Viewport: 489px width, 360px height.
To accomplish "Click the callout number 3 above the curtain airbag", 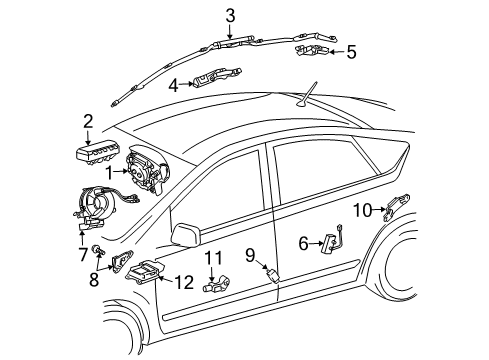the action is [x=230, y=16].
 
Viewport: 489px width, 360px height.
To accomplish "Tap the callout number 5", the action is [x=351, y=52].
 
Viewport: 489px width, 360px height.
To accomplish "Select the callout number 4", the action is [x=173, y=85].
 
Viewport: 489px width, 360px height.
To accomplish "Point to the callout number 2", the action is [x=88, y=122].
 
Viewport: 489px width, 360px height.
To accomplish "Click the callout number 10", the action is [x=362, y=210].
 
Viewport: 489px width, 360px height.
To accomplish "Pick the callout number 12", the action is [x=184, y=282].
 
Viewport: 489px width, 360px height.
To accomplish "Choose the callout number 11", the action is [x=213, y=258].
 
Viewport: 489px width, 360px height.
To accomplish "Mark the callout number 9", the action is [x=250, y=255].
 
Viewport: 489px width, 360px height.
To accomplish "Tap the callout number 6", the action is [x=303, y=244].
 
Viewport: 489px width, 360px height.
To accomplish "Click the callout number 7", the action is [x=82, y=254].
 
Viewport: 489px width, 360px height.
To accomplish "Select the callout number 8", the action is [x=94, y=279].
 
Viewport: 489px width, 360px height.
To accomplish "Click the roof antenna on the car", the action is [x=307, y=95].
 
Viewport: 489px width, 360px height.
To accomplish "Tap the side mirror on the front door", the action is [x=186, y=235].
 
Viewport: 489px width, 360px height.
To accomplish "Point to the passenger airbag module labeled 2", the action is [x=97, y=154].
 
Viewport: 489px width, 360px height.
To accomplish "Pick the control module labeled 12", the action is [x=144, y=269].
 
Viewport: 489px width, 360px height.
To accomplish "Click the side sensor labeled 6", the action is [x=332, y=239].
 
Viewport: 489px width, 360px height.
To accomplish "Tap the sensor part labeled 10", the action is [x=396, y=206].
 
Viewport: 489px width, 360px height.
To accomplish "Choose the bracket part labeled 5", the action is [x=312, y=50].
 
